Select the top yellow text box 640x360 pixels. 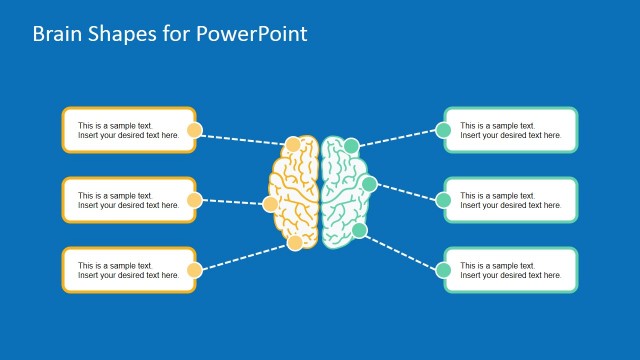tap(129, 130)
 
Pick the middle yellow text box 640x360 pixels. tap(129, 200)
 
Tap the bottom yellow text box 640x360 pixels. tap(129, 270)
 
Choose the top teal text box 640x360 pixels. tap(511, 130)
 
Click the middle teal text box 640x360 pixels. tap(511, 200)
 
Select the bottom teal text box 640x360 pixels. tap(511, 270)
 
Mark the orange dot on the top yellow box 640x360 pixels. tap(195, 130)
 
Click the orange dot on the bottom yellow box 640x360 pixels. tap(195, 270)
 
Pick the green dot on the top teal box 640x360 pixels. tap(443, 130)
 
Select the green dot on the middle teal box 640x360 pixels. tap(443, 200)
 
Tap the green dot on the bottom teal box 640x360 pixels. tap(443, 270)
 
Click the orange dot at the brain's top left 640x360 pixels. tap(293, 145)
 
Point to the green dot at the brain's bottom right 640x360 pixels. tap(359, 231)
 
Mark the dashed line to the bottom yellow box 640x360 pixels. tap(245, 256)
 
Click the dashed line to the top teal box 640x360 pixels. tap(397, 138)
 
